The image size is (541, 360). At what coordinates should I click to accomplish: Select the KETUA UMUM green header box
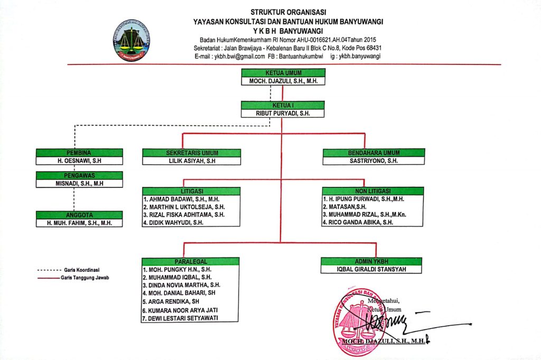click(283, 73)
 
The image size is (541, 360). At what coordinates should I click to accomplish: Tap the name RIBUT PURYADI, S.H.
click(283, 113)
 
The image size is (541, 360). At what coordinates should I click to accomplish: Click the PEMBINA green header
click(79, 153)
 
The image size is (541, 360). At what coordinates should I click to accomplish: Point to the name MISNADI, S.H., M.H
click(79, 184)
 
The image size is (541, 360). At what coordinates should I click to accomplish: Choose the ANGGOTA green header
click(79, 215)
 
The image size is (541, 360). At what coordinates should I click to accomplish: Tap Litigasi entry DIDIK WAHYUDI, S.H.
click(173, 223)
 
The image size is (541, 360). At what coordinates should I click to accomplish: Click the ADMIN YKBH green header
click(372, 261)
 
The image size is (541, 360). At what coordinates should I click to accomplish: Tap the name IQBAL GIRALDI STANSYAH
click(372, 269)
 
